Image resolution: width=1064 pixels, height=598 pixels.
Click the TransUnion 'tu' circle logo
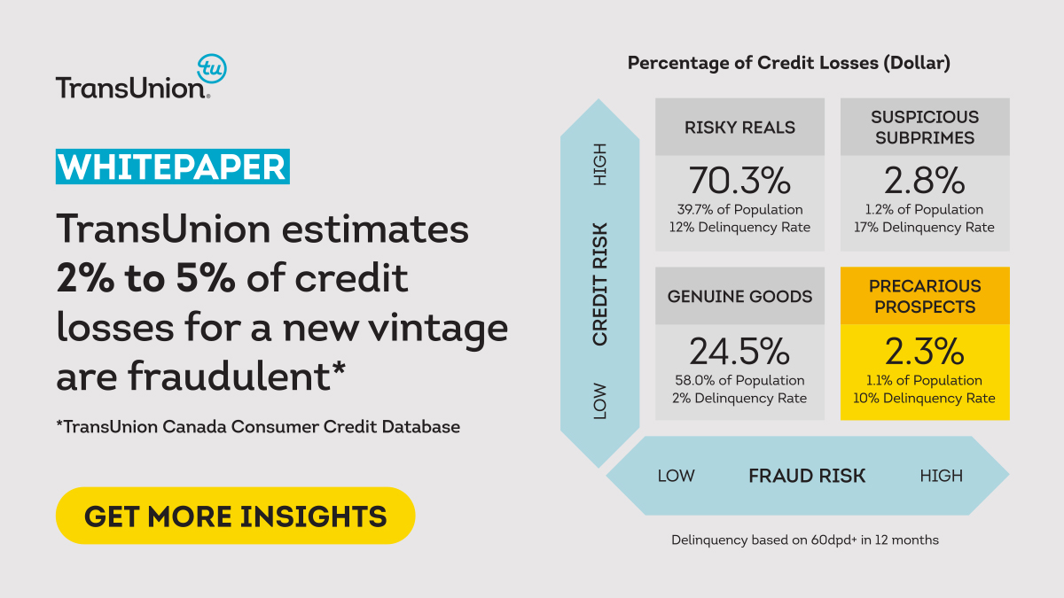click(x=211, y=68)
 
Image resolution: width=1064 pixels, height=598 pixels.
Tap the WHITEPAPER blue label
click(x=173, y=167)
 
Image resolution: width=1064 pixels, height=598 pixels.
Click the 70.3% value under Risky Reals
click(x=739, y=181)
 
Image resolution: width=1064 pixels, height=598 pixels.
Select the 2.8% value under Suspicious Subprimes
click(x=925, y=181)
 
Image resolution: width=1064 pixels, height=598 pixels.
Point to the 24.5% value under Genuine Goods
click(x=739, y=352)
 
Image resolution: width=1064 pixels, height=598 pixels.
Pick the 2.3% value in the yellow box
click(x=925, y=352)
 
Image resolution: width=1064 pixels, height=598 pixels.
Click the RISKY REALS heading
click(x=739, y=128)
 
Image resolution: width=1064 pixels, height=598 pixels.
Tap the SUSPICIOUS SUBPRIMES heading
click(x=925, y=128)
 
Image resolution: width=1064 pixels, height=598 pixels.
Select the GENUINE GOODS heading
click(x=739, y=297)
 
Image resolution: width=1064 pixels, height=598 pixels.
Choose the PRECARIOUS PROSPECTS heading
click(x=925, y=297)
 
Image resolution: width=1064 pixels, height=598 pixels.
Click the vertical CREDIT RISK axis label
click(x=600, y=283)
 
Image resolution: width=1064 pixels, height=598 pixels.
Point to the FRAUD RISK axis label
click(x=807, y=476)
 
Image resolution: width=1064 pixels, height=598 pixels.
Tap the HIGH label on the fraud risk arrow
click(x=941, y=476)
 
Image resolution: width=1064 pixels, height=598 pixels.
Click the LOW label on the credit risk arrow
click(x=600, y=400)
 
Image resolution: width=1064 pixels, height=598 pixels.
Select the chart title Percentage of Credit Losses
click(x=789, y=64)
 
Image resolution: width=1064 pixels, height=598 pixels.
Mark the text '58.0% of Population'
click(x=739, y=380)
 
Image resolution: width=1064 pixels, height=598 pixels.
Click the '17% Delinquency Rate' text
click(x=925, y=228)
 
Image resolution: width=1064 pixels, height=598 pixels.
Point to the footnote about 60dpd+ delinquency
click(x=804, y=540)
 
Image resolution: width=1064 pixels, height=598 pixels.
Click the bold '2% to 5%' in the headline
click(x=145, y=279)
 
